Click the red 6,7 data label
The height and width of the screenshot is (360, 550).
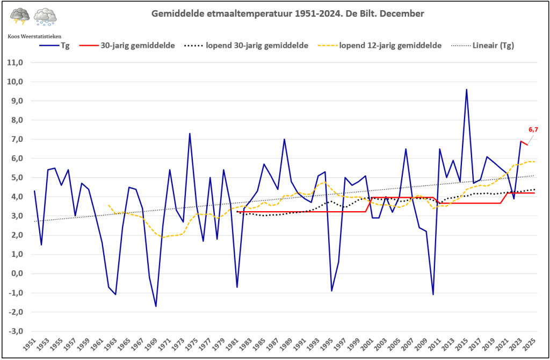point(533,129)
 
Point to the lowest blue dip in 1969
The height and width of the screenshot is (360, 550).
point(156,306)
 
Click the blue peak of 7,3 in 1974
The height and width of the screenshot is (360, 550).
point(190,133)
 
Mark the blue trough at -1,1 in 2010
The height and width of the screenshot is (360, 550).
point(433,294)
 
